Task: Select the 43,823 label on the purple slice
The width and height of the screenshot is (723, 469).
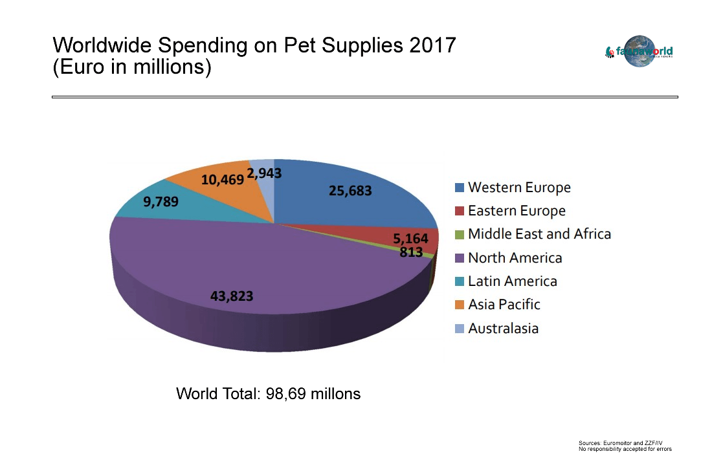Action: coord(232,296)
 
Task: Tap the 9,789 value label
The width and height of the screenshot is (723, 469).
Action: coord(161,201)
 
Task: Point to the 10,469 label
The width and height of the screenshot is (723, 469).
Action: coord(222,180)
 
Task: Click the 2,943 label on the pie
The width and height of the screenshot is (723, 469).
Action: coord(264,173)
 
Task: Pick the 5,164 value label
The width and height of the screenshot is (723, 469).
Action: coord(410,239)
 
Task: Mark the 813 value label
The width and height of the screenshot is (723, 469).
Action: coord(411,252)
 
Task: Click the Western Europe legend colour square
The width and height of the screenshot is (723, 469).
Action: coord(459,188)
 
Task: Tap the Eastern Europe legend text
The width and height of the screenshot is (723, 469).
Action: coord(517,211)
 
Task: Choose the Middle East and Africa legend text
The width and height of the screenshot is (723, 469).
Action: coord(539,234)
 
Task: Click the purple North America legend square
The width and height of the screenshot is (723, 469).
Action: coord(459,258)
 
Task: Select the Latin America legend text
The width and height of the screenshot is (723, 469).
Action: coord(512,281)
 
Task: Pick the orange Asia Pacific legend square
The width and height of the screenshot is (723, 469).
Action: coord(459,305)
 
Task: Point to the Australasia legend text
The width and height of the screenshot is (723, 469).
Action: coord(503,328)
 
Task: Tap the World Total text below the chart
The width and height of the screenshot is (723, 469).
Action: coord(268,393)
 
